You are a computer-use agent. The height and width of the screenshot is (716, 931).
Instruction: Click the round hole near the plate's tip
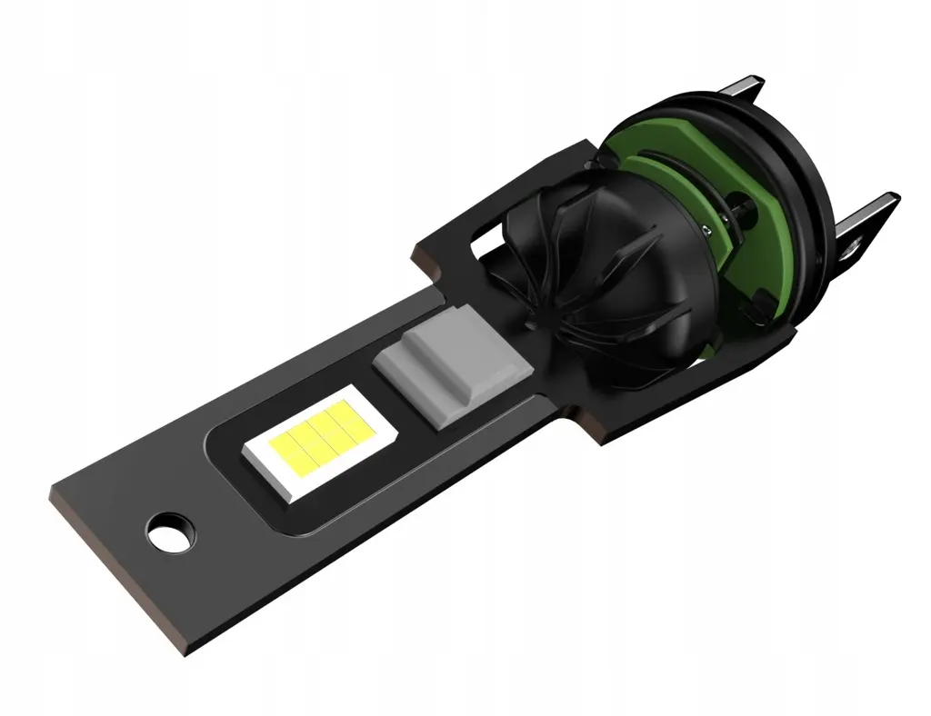171,532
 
